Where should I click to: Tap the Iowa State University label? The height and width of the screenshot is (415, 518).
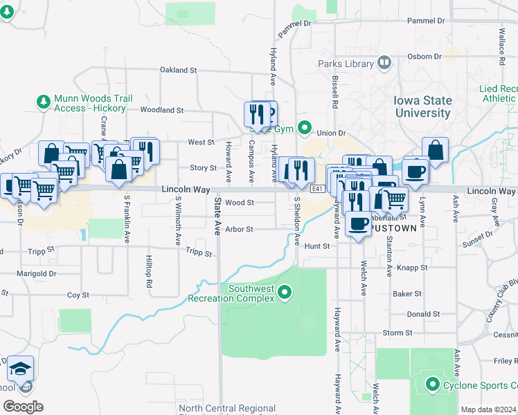[x=422, y=107]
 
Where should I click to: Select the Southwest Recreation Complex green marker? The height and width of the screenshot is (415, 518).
[x=284, y=295]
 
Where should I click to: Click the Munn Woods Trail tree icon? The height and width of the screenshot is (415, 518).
[x=44, y=102]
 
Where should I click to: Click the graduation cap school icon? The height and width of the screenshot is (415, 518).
[x=21, y=369]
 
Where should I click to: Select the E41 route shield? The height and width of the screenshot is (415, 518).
[x=318, y=189]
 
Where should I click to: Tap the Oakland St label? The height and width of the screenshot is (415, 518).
[x=179, y=70]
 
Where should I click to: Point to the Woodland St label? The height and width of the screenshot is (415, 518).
[x=161, y=109]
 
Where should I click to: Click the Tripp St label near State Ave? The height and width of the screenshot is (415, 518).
[x=198, y=254]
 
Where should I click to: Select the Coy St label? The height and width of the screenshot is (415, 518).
[x=78, y=295]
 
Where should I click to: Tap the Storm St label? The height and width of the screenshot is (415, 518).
[x=398, y=333]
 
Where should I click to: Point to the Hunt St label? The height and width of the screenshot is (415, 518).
[x=316, y=246]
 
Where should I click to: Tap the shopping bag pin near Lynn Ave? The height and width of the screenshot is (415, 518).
[x=435, y=150]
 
